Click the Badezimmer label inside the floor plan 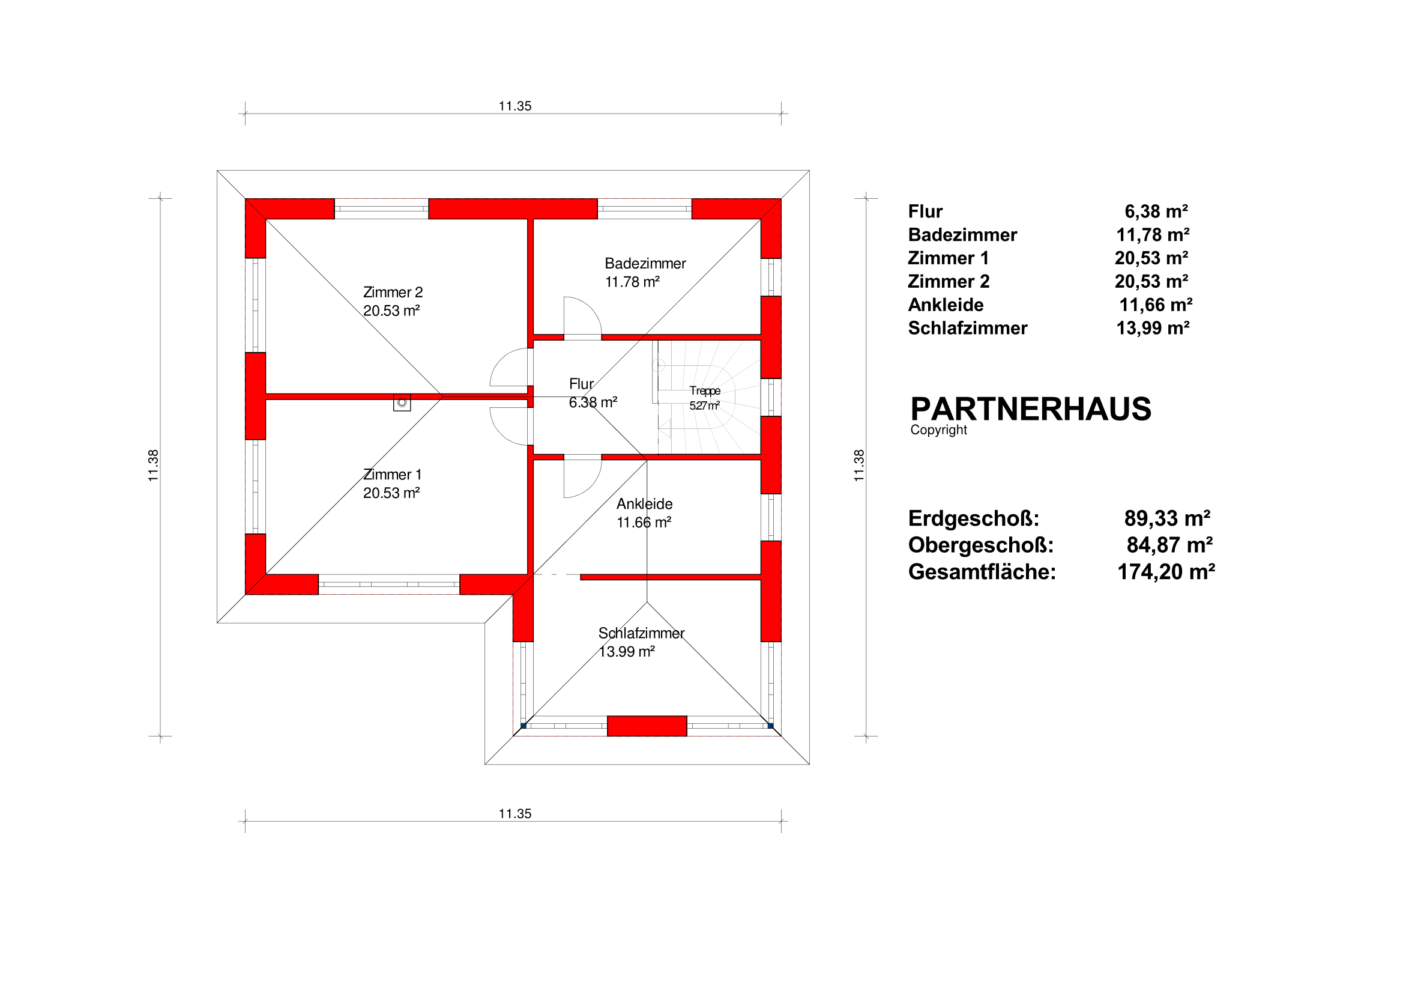(645, 264)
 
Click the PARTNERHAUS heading (1031, 409)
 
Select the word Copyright (938, 430)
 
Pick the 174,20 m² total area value (1166, 572)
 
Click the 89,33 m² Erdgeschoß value (1167, 518)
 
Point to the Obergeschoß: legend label (981, 545)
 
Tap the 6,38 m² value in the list (1156, 211)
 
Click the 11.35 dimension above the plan (515, 106)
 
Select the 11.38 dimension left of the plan (153, 466)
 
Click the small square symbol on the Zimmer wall (402, 402)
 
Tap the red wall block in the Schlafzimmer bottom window (647, 726)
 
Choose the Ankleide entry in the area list (946, 305)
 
